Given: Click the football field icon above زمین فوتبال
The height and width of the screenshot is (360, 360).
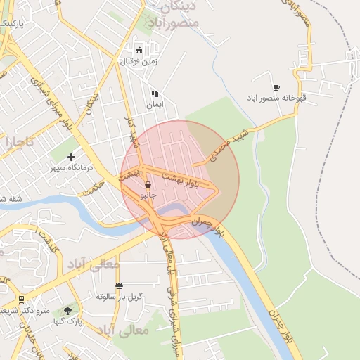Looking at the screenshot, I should [x=139, y=50].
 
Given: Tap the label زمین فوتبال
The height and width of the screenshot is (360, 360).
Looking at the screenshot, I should [x=139, y=61].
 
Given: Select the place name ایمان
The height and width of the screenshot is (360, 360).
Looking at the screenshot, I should [x=155, y=105].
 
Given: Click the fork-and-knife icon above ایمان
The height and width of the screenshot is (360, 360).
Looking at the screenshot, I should [x=155, y=94].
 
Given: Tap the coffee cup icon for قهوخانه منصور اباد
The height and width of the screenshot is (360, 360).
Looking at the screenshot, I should [x=276, y=87].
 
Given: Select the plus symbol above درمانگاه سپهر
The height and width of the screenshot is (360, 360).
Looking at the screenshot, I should [x=71, y=157].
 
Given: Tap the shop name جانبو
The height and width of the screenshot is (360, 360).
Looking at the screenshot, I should [x=147, y=193].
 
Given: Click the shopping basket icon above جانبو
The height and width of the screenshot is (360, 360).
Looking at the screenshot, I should [x=148, y=184].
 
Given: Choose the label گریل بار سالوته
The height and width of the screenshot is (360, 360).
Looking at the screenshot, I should [x=119, y=297].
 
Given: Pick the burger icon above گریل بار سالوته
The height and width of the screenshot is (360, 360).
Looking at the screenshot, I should [x=119, y=285].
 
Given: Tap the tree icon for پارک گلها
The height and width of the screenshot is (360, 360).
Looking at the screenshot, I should [x=67, y=309].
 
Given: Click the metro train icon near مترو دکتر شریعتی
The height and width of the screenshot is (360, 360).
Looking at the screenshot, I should [x=21, y=299].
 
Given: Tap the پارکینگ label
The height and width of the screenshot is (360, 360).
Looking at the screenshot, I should [x=11, y=24].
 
